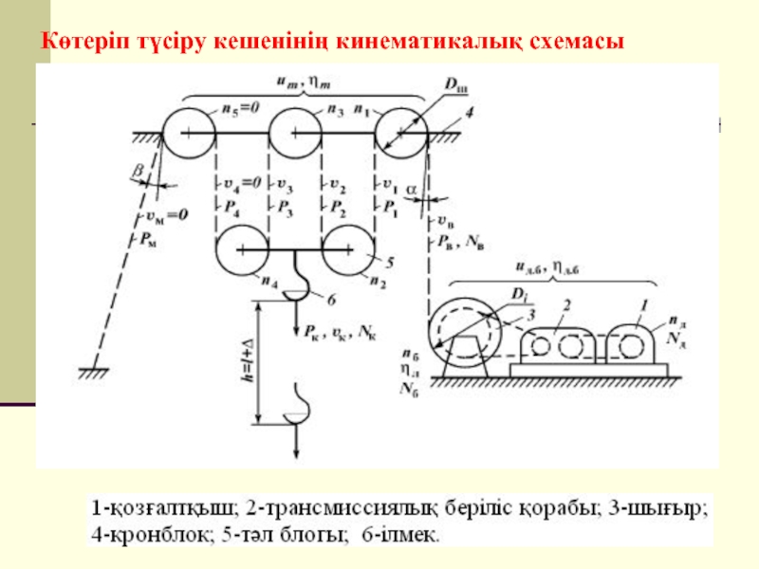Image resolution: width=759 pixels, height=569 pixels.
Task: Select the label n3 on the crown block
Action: coord(334,110)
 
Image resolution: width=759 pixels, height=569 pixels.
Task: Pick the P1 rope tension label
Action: coord(387,204)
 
